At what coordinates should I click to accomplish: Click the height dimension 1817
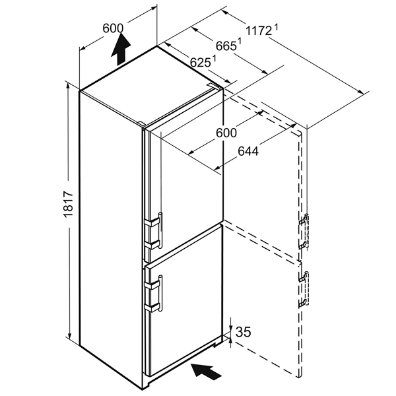pyautogui.click(x=68, y=204)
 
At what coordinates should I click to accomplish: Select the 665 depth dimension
pyautogui.click(x=226, y=46)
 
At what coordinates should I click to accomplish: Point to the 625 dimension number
pyautogui.click(x=200, y=63)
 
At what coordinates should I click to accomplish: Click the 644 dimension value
pyautogui.click(x=248, y=151)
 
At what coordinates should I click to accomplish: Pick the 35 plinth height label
pyautogui.click(x=243, y=331)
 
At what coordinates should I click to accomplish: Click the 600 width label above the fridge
pyautogui.click(x=113, y=28)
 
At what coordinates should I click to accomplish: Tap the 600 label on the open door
pyautogui.click(x=226, y=133)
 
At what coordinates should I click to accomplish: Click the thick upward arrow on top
pyautogui.click(x=121, y=49)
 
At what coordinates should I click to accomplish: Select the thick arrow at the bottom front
pyautogui.click(x=206, y=371)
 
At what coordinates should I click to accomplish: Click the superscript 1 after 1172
pyautogui.click(x=277, y=27)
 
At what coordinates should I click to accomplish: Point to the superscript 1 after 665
pyautogui.click(x=239, y=41)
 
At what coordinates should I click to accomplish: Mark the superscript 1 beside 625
pyautogui.click(x=214, y=59)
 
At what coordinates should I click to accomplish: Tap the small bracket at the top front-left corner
pyautogui.click(x=141, y=123)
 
